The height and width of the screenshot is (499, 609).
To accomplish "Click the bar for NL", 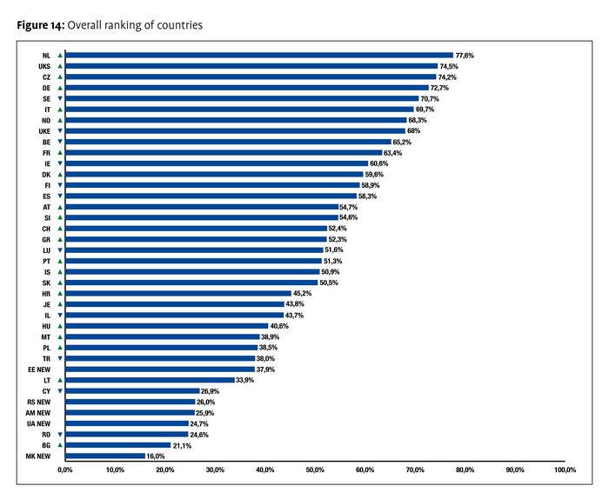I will click(259, 56).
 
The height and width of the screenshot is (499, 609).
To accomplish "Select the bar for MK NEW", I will click(105, 456).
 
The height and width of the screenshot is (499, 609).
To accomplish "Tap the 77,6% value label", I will click(465, 56).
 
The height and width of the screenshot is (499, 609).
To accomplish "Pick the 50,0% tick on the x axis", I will click(315, 470).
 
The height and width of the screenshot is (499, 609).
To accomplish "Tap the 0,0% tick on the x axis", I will click(65, 470).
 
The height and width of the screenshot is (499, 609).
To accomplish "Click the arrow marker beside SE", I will click(59, 99).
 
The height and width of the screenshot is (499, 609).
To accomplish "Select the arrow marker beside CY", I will click(59, 390).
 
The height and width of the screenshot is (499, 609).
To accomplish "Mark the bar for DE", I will click(247, 88).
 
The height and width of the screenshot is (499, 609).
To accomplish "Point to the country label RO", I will click(45, 434).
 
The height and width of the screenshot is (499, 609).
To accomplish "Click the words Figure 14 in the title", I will click(39, 25).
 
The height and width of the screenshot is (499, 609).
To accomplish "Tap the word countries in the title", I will click(178, 25).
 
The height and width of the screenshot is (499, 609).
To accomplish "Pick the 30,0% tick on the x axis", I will click(215, 470).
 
